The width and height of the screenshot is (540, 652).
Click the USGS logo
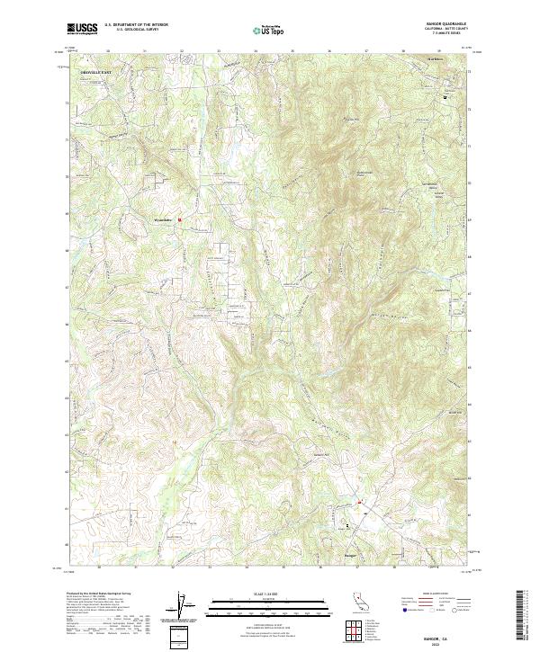tap(82, 29)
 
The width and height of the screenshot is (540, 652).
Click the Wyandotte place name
tap(163, 218)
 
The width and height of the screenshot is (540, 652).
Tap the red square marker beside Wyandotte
tap(179, 218)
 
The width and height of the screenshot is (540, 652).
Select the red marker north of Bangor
tap(359, 502)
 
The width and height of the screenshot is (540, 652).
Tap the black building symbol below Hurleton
tap(444, 95)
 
